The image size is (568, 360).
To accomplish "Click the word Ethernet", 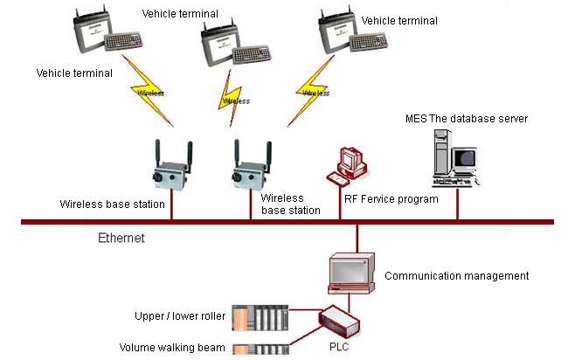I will point(121,237).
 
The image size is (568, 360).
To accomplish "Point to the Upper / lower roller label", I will point(173,315).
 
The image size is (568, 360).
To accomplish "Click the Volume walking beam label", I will point(172,348).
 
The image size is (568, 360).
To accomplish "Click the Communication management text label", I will point(456,276).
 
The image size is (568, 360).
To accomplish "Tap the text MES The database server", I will point(467,118).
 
